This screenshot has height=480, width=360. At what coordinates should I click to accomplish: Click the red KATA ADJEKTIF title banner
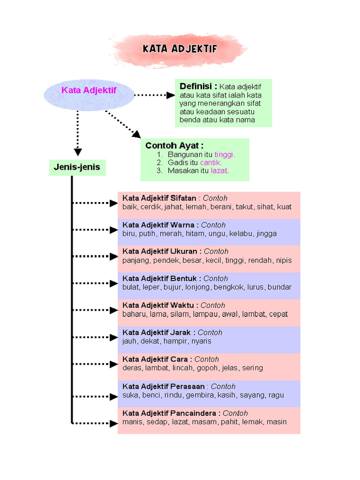pos(179,50)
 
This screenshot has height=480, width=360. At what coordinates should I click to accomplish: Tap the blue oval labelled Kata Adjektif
pos(89,95)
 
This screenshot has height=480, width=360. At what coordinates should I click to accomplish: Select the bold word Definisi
pos(195,86)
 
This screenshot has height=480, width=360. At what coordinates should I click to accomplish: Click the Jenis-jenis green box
pos(77,167)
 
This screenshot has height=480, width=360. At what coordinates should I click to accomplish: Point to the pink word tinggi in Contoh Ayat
pos(225,155)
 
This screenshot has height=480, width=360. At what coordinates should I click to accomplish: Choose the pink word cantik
pos(210,163)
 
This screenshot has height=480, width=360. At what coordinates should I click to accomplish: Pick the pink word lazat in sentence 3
pos(219,171)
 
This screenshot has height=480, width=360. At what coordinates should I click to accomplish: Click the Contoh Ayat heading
pos(174,145)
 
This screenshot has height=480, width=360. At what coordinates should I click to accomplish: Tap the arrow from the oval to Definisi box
pos(155,95)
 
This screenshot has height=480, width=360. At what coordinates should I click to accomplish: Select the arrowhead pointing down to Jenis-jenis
pos(78,152)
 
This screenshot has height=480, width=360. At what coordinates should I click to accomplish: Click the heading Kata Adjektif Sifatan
pos(159,198)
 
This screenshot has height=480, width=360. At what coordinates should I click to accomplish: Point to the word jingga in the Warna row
pos(267,234)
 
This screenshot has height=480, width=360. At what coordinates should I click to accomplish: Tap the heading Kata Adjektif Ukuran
pos(160,251)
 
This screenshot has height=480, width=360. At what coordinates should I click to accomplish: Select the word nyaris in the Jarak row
pos(201,341)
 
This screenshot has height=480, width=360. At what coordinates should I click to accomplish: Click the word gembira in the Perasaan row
pos(200,395)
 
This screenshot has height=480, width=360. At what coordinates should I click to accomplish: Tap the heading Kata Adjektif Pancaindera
pos(169,413)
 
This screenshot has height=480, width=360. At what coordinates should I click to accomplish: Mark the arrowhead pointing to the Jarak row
pos(114,337)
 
